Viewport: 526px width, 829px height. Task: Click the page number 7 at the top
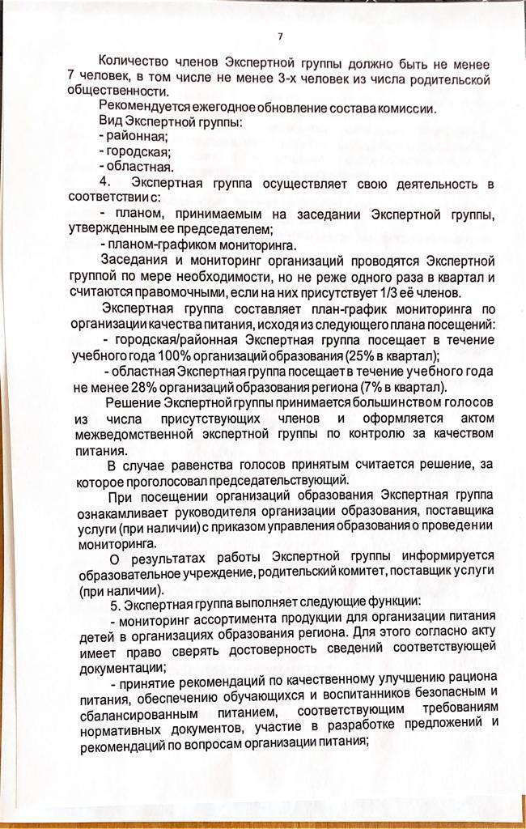tap(280, 36)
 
